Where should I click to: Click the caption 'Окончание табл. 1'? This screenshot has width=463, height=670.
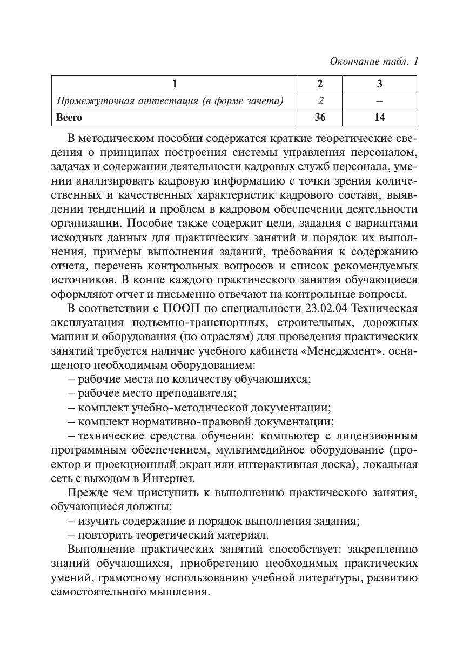(x=374, y=62)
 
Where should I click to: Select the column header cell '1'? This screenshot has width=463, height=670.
(x=175, y=84)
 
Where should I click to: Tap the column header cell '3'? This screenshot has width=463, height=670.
(x=379, y=84)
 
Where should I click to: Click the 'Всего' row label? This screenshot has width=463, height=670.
(x=70, y=117)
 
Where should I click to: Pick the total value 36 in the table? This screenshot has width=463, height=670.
(x=320, y=117)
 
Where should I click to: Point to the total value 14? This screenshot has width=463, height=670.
(x=379, y=117)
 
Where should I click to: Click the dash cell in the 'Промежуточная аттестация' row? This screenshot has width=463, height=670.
(x=379, y=100)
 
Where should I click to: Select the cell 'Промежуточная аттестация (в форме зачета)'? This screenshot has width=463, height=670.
(x=170, y=100)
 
